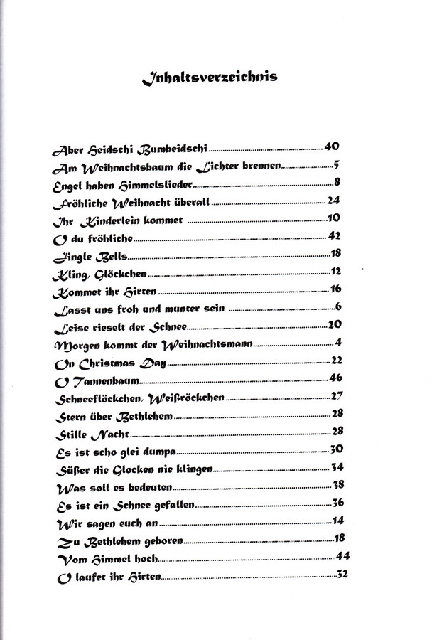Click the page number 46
point(337,377)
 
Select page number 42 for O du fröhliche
point(336,235)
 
